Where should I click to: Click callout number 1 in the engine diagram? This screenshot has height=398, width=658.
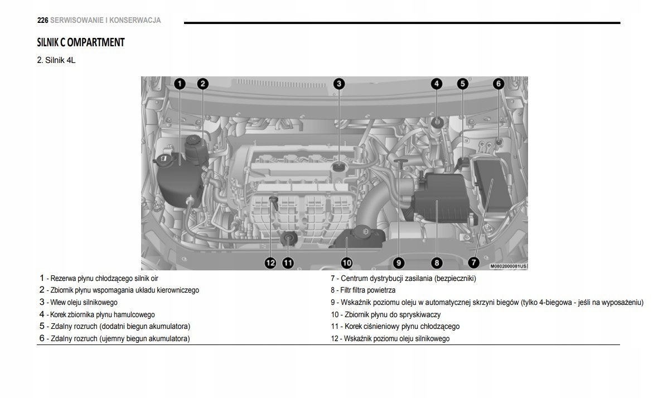[179, 84]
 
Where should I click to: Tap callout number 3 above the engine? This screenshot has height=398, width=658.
[338, 84]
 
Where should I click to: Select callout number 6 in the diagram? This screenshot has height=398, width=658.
[498, 84]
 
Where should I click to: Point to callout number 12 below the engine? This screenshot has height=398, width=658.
[270, 263]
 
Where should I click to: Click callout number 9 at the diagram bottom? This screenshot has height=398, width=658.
[399, 263]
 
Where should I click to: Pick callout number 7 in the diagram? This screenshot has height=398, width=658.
[473, 263]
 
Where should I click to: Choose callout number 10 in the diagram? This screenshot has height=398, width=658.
[346, 263]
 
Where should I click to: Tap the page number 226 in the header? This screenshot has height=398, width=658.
[42, 21]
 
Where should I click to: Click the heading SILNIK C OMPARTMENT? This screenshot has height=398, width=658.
[80, 42]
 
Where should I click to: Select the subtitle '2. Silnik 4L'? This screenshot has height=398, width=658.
[56, 60]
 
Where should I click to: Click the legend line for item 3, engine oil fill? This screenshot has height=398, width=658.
[78, 303]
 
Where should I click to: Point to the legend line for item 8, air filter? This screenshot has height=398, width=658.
[363, 290]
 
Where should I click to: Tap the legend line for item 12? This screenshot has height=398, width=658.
[390, 339]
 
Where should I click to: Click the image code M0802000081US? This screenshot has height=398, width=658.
[508, 267]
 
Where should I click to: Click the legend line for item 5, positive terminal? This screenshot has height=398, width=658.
[114, 327]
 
